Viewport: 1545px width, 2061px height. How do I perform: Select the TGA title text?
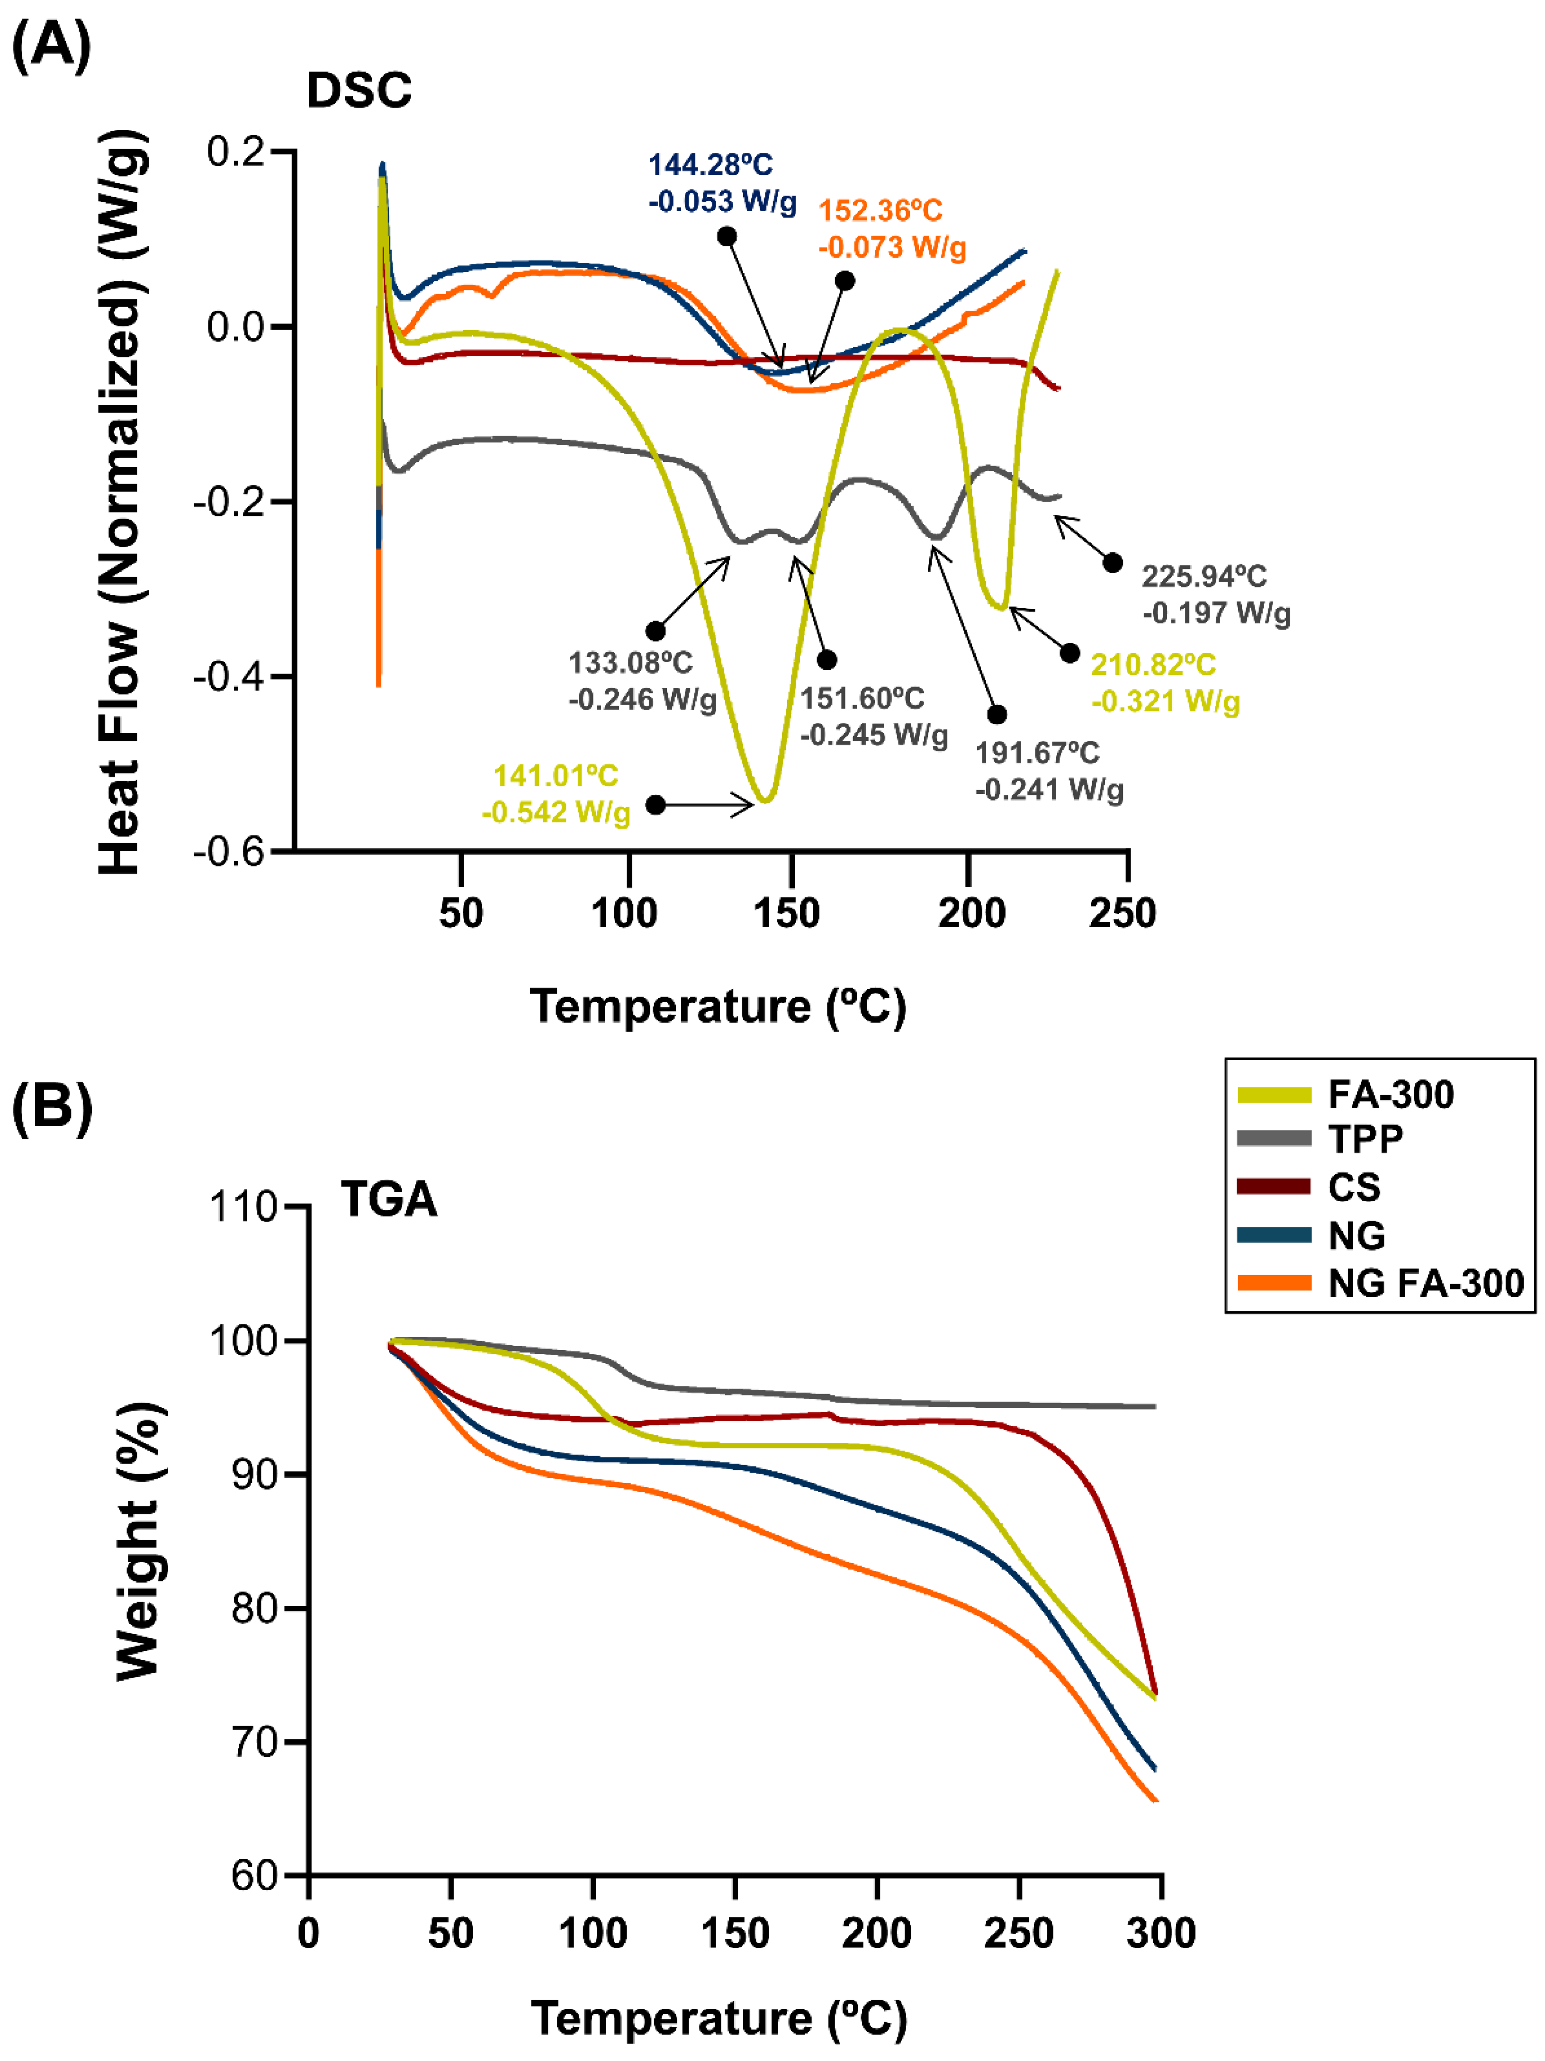pos(388,1199)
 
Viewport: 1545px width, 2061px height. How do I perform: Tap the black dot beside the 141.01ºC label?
pos(656,804)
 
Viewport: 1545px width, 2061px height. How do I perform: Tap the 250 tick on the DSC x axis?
pos(1123,913)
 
